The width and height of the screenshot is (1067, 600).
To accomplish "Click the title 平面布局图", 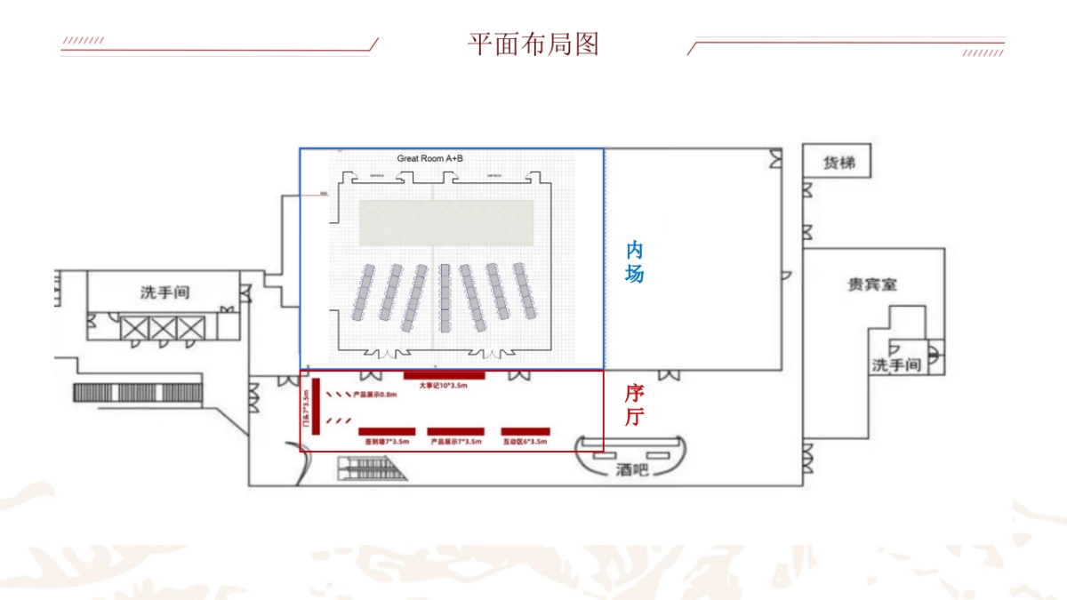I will tap(533, 44).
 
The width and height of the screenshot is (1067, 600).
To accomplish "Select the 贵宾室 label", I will tap(871, 284).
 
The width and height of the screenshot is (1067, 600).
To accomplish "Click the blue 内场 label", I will tap(634, 261).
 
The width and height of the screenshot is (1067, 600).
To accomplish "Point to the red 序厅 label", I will tap(634, 404).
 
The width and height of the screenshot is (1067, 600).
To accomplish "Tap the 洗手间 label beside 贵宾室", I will tap(895, 364).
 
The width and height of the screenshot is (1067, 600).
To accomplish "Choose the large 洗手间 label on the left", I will tap(164, 292).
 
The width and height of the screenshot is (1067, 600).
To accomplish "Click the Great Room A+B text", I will tap(429, 158).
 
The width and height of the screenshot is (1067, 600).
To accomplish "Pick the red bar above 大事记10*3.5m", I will tap(438, 375).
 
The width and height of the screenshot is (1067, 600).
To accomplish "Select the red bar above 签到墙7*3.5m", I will tap(386, 431).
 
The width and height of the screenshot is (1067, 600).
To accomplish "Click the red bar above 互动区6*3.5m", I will tap(525, 431).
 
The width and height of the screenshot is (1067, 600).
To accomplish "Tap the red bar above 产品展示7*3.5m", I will tap(455, 431).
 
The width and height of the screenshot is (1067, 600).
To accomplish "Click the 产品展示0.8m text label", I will tap(375, 394).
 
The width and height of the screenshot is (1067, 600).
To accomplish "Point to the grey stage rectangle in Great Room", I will tap(445, 222).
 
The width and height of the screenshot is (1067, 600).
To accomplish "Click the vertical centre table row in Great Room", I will tap(445, 297).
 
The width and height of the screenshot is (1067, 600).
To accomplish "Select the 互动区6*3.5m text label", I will tap(525, 442).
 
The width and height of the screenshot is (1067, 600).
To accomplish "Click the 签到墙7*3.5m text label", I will tap(386, 442).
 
